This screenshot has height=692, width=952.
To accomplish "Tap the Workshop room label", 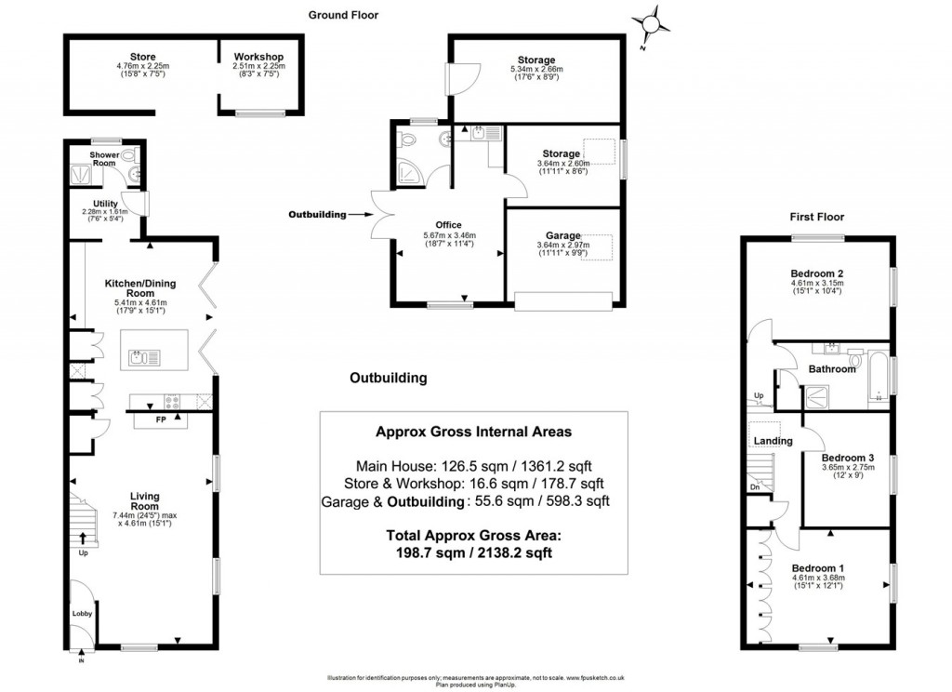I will (258, 57).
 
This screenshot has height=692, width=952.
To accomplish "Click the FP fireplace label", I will (162, 419).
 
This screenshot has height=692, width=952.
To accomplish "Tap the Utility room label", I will (104, 203).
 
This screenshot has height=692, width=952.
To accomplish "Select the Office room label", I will (449, 225).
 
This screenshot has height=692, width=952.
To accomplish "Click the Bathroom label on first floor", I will (831, 369).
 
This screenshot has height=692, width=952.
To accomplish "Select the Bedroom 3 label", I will (848, 458).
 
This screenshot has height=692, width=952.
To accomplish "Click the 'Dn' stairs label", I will (754, 486).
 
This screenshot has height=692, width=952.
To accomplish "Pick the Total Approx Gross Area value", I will (473, 551).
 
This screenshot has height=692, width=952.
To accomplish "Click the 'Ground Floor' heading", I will (344, 15).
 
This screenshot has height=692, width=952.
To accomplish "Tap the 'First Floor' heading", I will (816, 217).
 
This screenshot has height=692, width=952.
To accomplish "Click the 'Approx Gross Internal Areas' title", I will (473, 432).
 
